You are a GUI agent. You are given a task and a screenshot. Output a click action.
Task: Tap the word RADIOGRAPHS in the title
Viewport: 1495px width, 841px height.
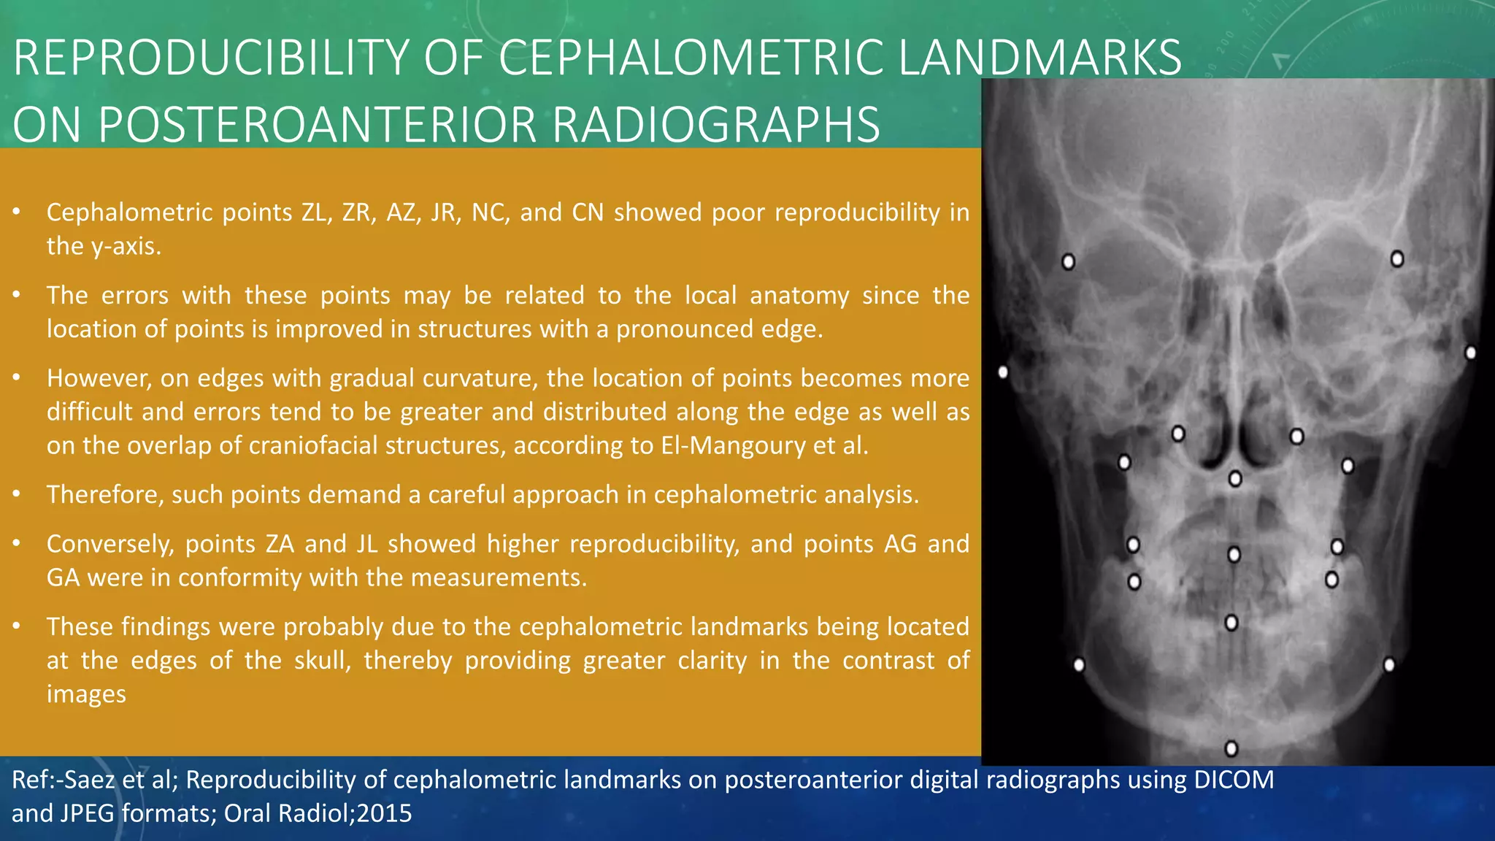(x=715, y=124)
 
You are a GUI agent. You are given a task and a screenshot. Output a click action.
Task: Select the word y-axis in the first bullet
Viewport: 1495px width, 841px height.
(x=125, y=246)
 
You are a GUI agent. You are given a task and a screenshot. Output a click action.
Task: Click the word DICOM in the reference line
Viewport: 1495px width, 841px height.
(x=1234, y=780)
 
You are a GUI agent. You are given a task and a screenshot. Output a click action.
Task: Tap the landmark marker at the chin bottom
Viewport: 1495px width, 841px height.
(x=1231, y=748)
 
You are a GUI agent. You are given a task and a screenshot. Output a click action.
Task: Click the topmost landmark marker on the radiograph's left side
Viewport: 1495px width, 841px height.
(x=1068, y=261)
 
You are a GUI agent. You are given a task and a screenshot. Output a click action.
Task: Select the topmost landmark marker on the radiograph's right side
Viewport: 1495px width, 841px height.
(x=1397, y=258)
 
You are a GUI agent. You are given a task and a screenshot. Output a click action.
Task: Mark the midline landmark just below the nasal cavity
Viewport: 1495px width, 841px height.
(x=1235, y=479)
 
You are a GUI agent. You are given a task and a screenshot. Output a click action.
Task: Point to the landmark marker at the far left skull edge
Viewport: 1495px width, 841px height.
(x=1004, y=372)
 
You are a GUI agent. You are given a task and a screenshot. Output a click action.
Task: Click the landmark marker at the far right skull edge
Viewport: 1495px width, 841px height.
(x=1471, y=353)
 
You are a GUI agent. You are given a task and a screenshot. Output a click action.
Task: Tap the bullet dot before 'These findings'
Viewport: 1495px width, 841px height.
(x=16, y=626)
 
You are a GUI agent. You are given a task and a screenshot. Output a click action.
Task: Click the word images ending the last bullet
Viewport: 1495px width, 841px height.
(x=86, y=694)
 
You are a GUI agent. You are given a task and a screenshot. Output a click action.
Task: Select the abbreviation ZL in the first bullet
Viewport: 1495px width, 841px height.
(x=315, y=212)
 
